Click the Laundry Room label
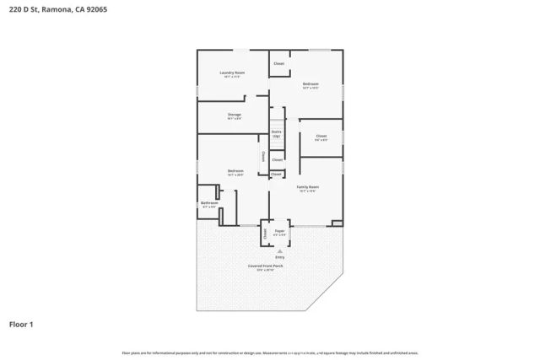pyautogui.click(x=232, y=73)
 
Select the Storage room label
pyautogui.click(x=235, y=114)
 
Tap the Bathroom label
pyautogui.click(x=209, y=203)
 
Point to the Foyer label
pyautogui.click(x=279, y=229)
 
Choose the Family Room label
pyautogui.click(x=307, y=186)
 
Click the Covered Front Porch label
pyautogui.click(x=265, y=266)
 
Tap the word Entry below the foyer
pyautogui.click(x=279, y=256)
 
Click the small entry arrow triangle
pyautogui.click(x=279, y=250)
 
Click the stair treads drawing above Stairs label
pyautogui.click(x=276, y=118)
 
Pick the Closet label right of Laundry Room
pyautogui.click(x=278, y=63)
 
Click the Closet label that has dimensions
pyautogui.click(x=321, y=136)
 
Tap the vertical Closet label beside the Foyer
pyautogui.click(x=264, y=233)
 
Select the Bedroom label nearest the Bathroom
pyautogui.click(x=235, y=171)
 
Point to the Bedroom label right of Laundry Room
pyautogui.click(x=310, y=83)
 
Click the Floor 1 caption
pyautogui.click(x=22, y=324)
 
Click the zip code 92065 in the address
pyautogui.click(x=95, y=9)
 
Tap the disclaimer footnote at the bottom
pyautogui.click(x=270, y=352)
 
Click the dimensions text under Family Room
pyautogui.click(x=307, y=191)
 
